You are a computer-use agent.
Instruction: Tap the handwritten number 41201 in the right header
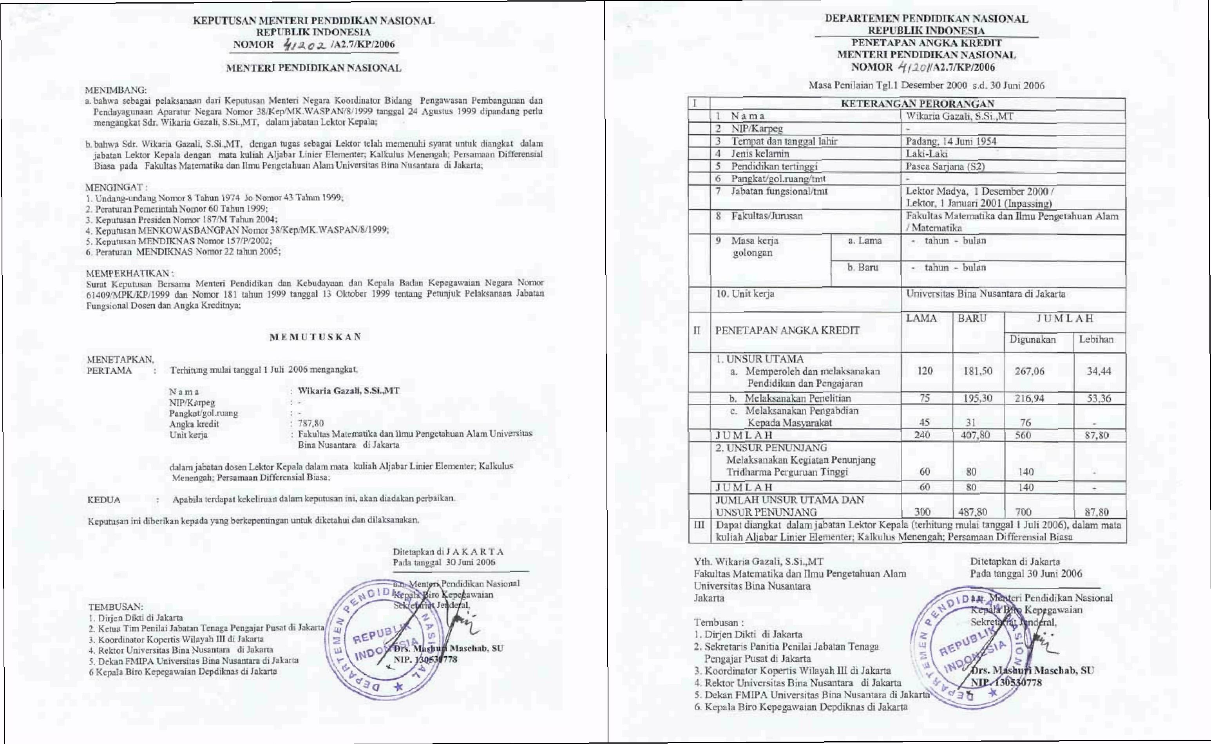(926, 67)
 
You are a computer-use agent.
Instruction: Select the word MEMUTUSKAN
(315, 337)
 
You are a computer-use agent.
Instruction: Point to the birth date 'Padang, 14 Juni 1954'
(951, 141)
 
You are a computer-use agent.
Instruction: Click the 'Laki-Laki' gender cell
(927, 153)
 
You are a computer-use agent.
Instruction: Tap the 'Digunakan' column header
(1032, 339)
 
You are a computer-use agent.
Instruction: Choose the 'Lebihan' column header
(1096, 339)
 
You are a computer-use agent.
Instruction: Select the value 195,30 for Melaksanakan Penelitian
(977, 398)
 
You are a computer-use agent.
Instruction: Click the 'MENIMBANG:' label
(116, 90)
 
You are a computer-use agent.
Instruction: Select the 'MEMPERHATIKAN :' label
(129, 273)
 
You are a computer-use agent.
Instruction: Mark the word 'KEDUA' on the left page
(103, 500)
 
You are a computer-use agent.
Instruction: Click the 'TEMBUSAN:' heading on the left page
(116, 607)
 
